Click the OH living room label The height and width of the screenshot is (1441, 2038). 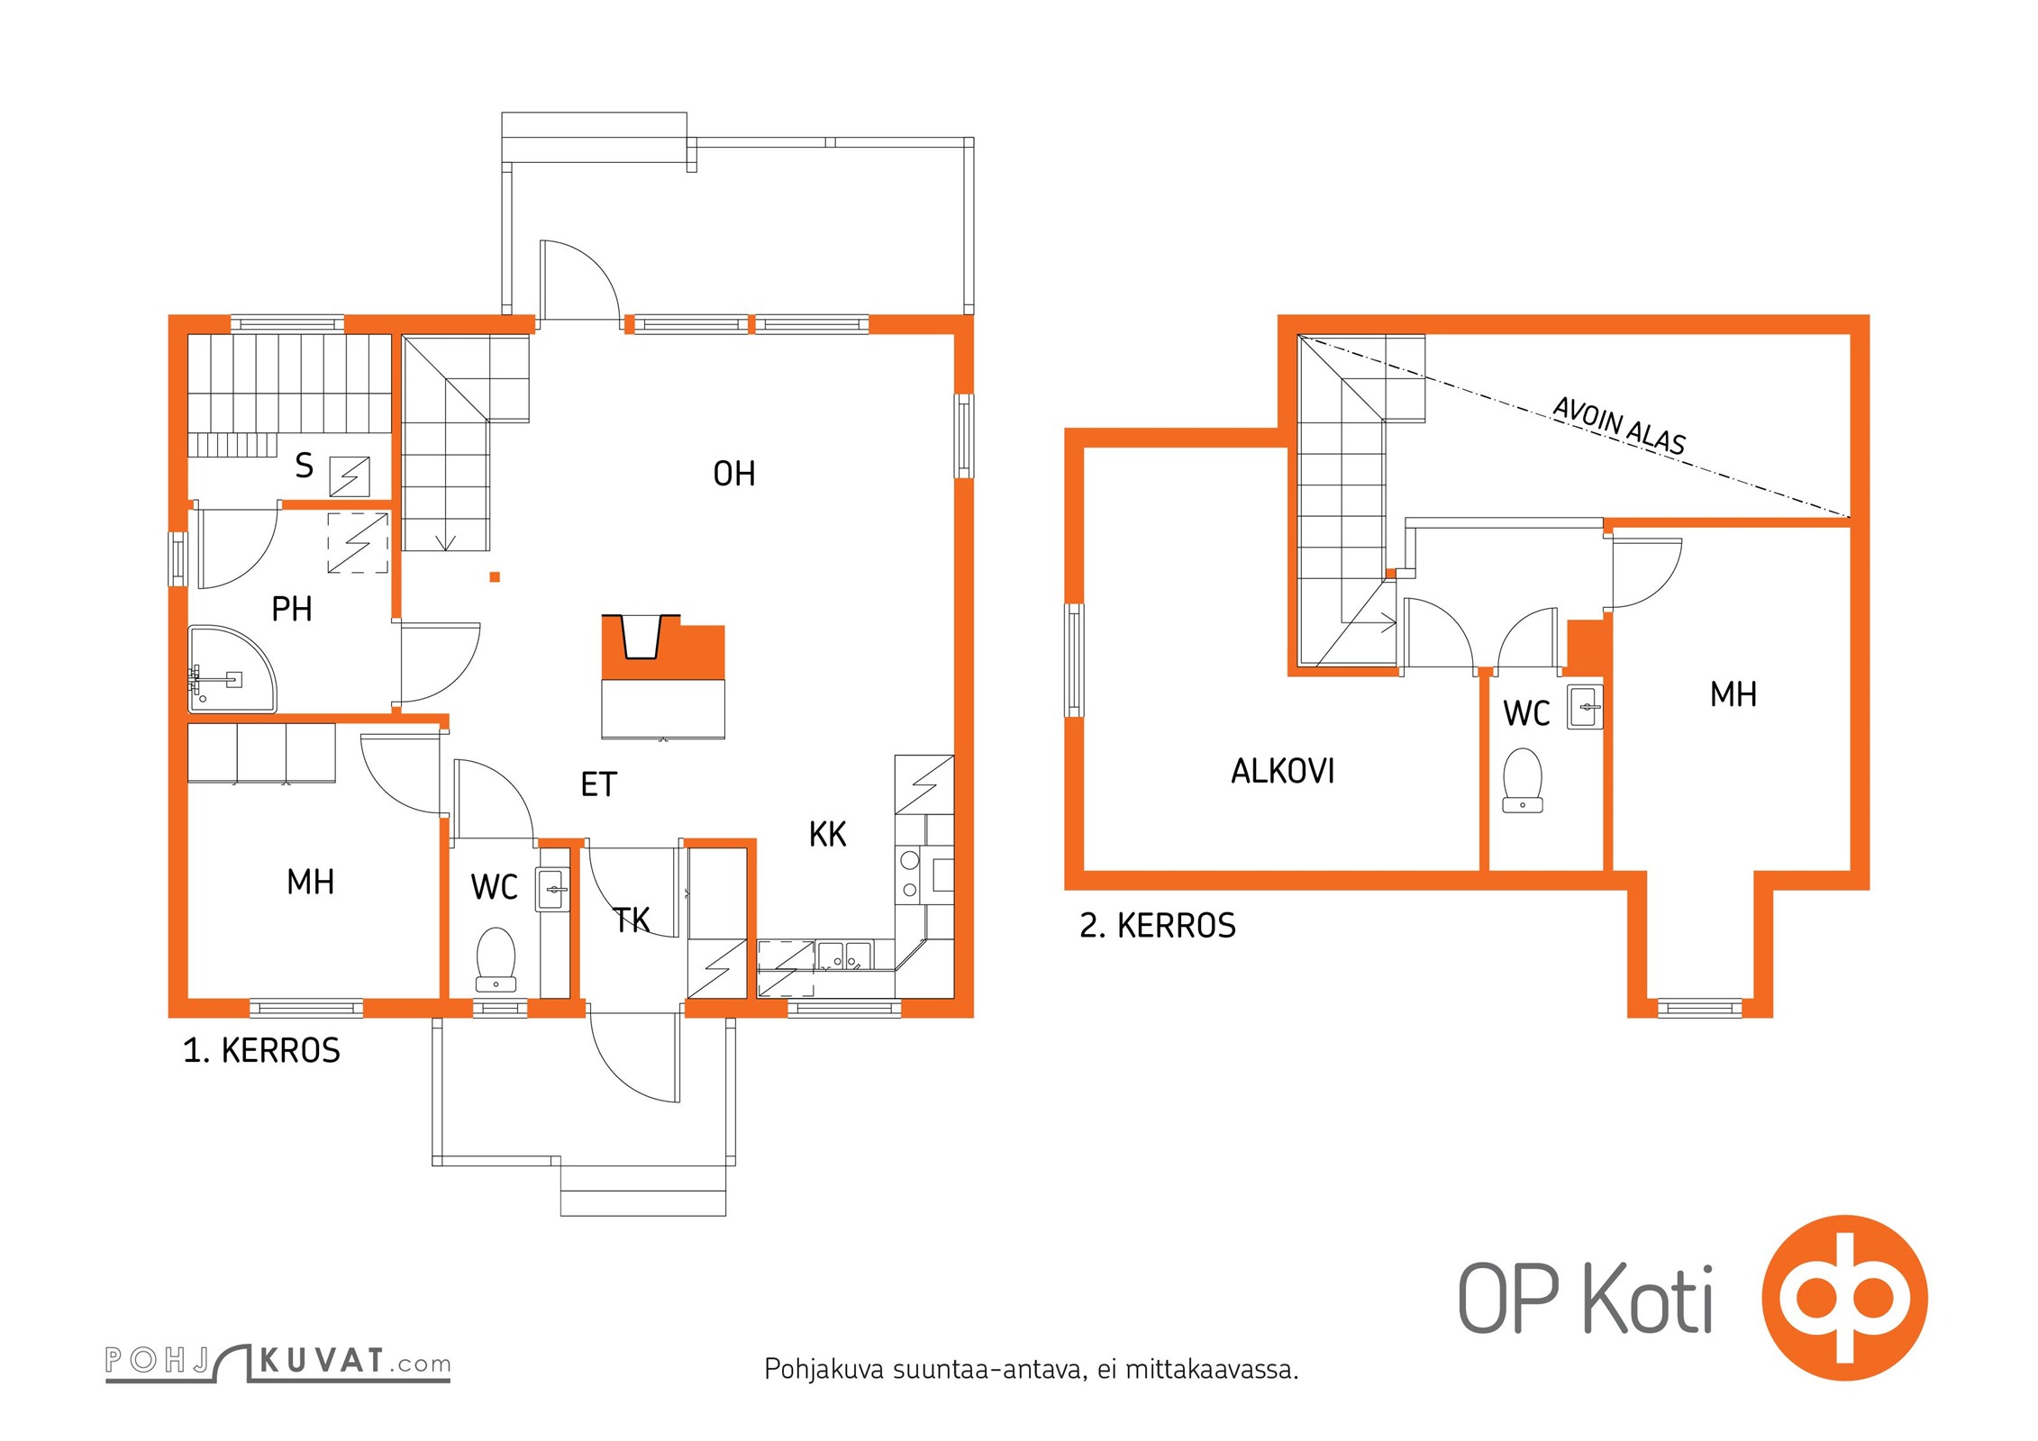pyautogui.click(x=733, y=474)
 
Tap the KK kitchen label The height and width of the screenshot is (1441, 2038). pyautogui.click(x=827, y=835)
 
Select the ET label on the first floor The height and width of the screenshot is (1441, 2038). pyautogui.click(x=598, y=784)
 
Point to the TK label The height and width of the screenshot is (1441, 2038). pyautogui.click(x=632, y=920)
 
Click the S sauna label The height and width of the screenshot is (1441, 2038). pyautogui.click(x=305, y=466)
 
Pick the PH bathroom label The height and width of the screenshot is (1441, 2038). pyautogui.click(x=292, y=609)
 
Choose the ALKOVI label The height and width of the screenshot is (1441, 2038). pyautogui.click(x=1282, y=771)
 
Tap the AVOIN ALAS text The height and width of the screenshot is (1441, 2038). pyautogui.click(x=1618, y=426)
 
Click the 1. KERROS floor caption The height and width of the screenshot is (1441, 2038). pyautogui.click(x=261, y=1050)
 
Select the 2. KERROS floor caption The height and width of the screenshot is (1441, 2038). pyautogui.click(x=1158, y=925)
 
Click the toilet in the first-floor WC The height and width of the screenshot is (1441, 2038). pyautogui.click(x=496, y=959)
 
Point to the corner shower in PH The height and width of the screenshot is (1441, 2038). pyautogui.click(x=231, y=668)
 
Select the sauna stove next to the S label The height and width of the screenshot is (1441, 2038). pyautogui.click(x=350, y=476)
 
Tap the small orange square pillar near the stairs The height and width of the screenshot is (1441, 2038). pyautogui.click(x=495, y=577)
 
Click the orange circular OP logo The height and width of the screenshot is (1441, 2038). pyautogui.click(x=1844, y=1298)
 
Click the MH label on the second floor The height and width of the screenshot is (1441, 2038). pyautogui.click(x=1733, y=694)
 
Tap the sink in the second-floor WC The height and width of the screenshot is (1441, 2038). pyautogui.click(x=1585, y=707)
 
